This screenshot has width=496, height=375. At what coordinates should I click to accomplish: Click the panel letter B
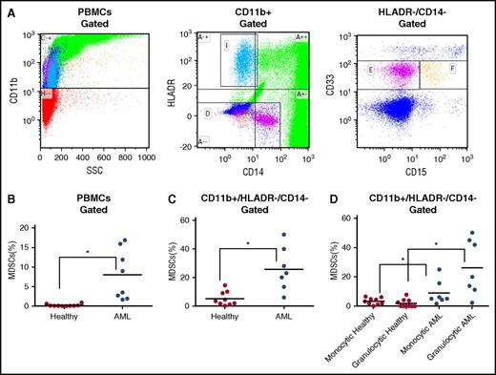[8, 203]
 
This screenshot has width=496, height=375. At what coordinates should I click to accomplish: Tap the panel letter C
[173, 203]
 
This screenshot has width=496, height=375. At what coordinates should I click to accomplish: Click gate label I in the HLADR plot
[227, 45]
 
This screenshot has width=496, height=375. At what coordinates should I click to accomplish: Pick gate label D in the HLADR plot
[208, 115]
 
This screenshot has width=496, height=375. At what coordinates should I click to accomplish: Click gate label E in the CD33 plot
[381, 70]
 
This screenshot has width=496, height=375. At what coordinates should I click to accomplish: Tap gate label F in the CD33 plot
[451, 70]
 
